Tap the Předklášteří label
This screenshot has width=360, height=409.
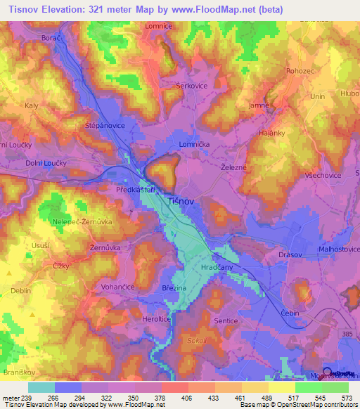135,190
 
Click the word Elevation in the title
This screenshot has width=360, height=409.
75,8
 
